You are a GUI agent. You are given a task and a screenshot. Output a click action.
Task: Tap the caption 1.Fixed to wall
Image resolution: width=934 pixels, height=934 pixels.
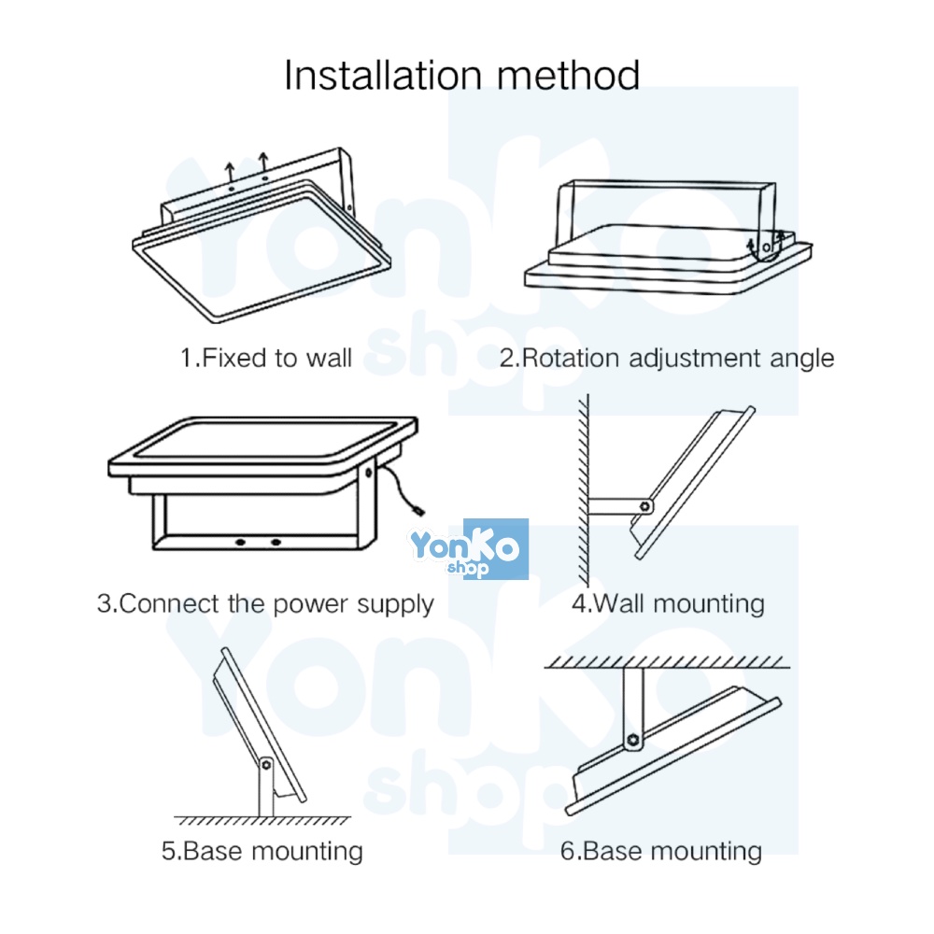pyautogui.click(x=265, y=358)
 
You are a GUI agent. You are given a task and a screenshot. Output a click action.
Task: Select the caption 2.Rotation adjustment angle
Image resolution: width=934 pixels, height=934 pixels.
pyautogui.click(x=666, y=358)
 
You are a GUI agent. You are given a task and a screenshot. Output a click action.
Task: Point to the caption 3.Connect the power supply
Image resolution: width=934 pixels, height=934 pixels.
pyautogui.click(x=265, y=603)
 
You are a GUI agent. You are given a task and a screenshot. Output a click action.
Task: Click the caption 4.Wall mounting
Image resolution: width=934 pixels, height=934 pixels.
pyautogui.click(x=668, y=603)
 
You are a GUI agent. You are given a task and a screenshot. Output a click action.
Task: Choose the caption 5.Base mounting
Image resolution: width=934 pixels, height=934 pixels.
pyautogui.click(x=262, y=851)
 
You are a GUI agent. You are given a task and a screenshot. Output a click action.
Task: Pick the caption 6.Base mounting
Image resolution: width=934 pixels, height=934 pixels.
pyautogui.click(x=661, y=851)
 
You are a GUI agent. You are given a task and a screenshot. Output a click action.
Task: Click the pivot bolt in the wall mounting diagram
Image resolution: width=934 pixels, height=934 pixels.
pyautogui.click(x=644, y=506)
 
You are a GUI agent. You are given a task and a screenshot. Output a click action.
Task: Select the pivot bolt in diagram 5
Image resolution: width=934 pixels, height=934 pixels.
pyautogui.click(x=265, y=765)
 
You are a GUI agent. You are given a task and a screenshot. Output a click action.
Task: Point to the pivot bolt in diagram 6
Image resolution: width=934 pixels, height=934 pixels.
pyautogui.click(x=634, y=739)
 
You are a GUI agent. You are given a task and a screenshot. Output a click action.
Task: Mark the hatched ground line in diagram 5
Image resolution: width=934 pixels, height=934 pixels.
pyautogui.click(x=262, y=820)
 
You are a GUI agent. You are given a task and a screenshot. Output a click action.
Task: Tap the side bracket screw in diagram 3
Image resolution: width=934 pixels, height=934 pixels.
pyautogui.click(x=368, y=474)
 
